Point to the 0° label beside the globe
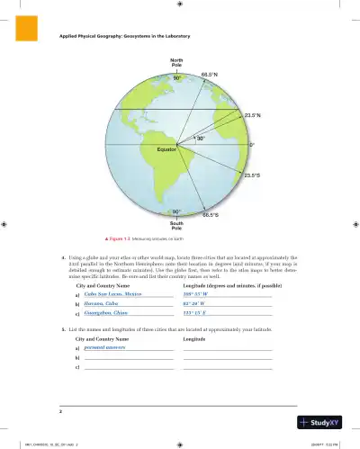pos(252,144)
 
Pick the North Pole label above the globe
pos(177,62)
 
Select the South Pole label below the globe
pos(177,224)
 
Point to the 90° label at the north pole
pos(177,77)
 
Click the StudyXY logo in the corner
pos(327,419)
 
